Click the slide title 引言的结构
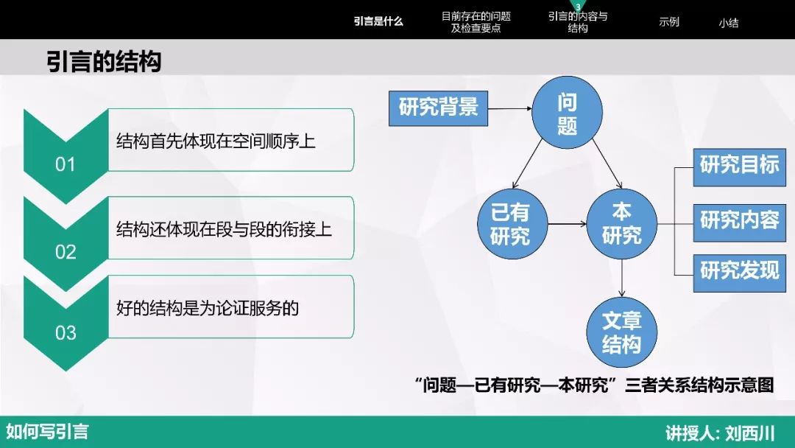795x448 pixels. (104, 61)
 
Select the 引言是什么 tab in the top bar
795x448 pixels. (378, 21)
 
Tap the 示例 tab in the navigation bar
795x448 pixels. (668, 22)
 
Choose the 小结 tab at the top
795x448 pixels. (728, 22)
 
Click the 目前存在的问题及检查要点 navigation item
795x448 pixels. (476, 22)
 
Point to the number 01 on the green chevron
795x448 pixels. (66, 164)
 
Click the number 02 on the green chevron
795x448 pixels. (66, 252)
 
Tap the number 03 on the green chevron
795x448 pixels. (66, 332)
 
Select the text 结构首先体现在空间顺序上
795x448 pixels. (216, 141)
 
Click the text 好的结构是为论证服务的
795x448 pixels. (208, 307)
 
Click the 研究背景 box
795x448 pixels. (438, 108)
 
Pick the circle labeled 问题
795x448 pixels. (567, 113)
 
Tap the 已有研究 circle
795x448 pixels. (512, 224)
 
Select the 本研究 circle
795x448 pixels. (621, 224)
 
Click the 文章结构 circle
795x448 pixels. (621, 332)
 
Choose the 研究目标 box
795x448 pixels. (739, 165)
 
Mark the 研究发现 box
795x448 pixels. (739, 270)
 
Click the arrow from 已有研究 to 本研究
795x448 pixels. (568, 224)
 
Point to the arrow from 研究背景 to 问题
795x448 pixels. (509, 108)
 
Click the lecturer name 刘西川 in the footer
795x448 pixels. (750, 433)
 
